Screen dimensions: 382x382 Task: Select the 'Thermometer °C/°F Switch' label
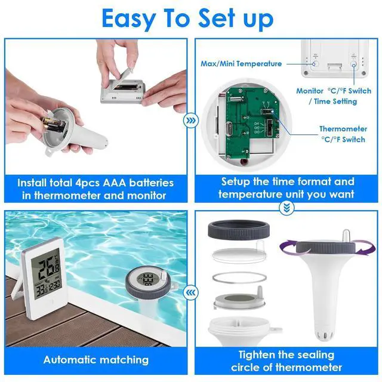(x=343, y=134)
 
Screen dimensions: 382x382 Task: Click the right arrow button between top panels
(x=190, y=120)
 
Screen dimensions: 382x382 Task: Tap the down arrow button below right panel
(x=287, y=207)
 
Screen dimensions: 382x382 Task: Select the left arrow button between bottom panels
(x=190, y=292)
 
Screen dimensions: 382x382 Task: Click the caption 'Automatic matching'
(x=95, y=360)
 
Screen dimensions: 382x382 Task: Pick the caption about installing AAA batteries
(x=95, y=188)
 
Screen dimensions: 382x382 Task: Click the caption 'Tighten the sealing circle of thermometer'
(x=286, y=361)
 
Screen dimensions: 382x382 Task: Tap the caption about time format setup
(x=286, y=188)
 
